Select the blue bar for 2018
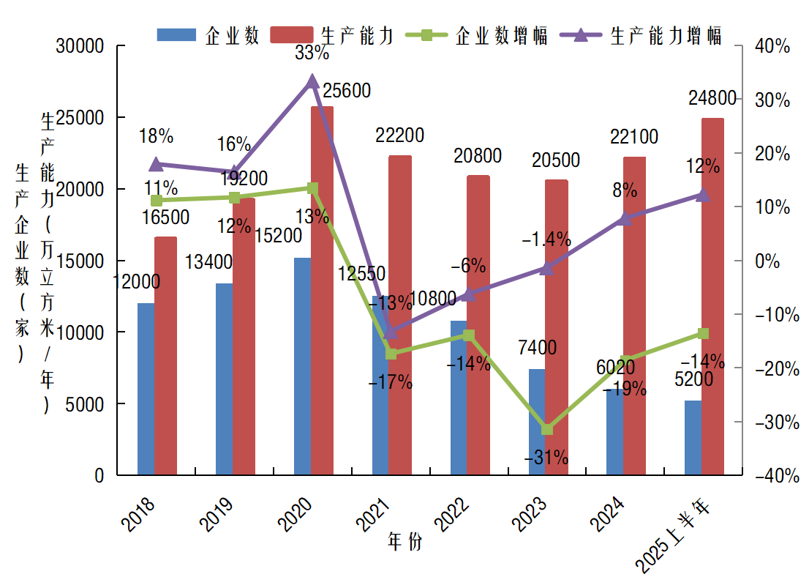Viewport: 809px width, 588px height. (x=146, y=389)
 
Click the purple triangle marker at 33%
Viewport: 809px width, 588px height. (x=312, y=81)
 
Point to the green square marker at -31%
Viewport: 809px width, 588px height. (x=546, y=429)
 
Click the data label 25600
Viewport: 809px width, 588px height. (x=347, y=91)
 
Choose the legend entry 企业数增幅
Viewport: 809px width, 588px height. (x=483, y=36)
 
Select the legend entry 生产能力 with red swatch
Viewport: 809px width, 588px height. (x=334, y=36)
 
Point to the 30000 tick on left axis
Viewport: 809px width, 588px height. (x=80, y=47)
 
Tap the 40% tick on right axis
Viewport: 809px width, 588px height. (x=772, y=47)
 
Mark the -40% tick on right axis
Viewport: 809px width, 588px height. (x=770, y=476)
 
